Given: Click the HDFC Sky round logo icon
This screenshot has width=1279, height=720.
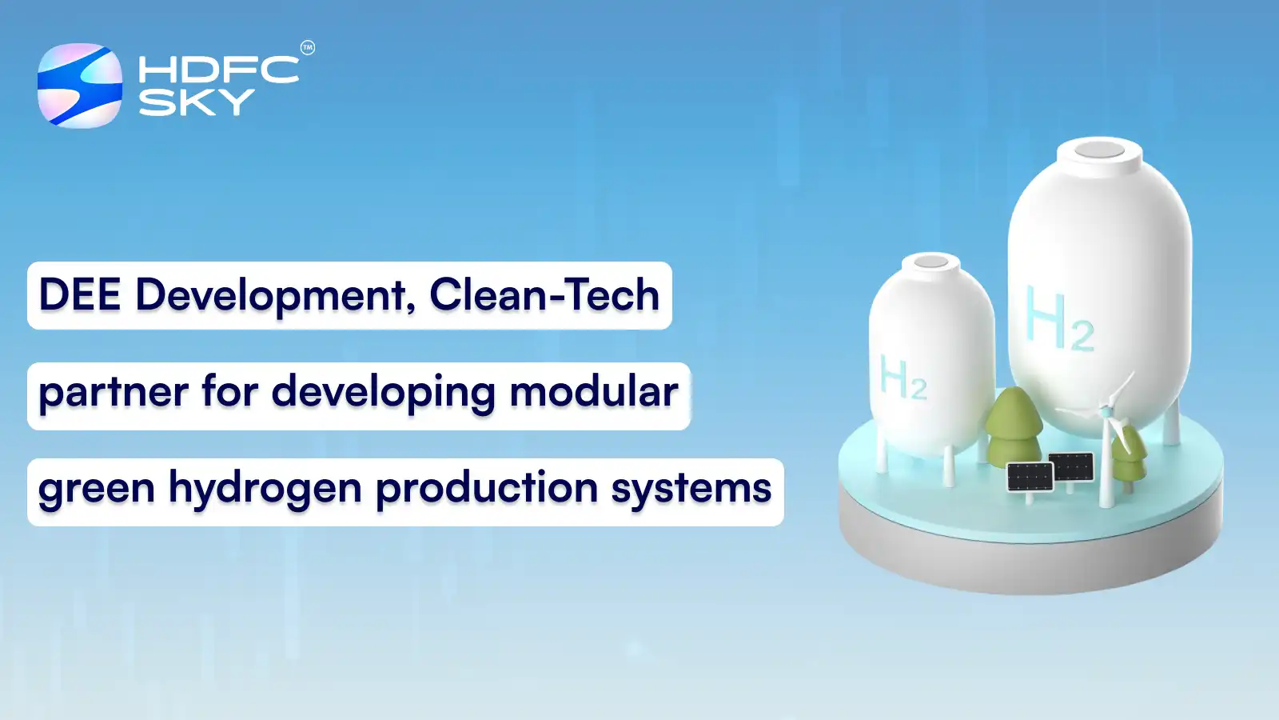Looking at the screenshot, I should (x=80, y=86).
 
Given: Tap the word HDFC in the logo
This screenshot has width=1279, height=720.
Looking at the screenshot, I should (x=218, y=70).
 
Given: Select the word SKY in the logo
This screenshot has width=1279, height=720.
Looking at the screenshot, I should (x=196, y=102).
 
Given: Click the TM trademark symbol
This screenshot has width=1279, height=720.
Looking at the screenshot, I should (x=308, y=48).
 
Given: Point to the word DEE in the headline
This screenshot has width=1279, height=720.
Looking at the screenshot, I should (x=79, y=295).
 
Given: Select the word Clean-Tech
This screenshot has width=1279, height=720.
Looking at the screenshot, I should (x=544, y=295).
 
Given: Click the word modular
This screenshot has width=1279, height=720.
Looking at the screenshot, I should (x=593, y=392).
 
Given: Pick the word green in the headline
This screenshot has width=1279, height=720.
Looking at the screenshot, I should (x=96, y=489).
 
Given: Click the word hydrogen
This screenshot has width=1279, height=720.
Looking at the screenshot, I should (x=265, y=489).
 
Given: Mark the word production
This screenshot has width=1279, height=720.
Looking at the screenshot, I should (x=486, y=488).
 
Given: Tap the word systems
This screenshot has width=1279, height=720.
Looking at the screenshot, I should (x=691, y=489).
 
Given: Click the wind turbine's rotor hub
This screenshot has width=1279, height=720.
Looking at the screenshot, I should (x=1106, y=411).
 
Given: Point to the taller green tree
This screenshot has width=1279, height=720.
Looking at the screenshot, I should (x=1014, y=424).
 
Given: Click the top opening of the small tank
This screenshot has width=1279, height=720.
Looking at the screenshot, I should (x=930, y=262).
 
